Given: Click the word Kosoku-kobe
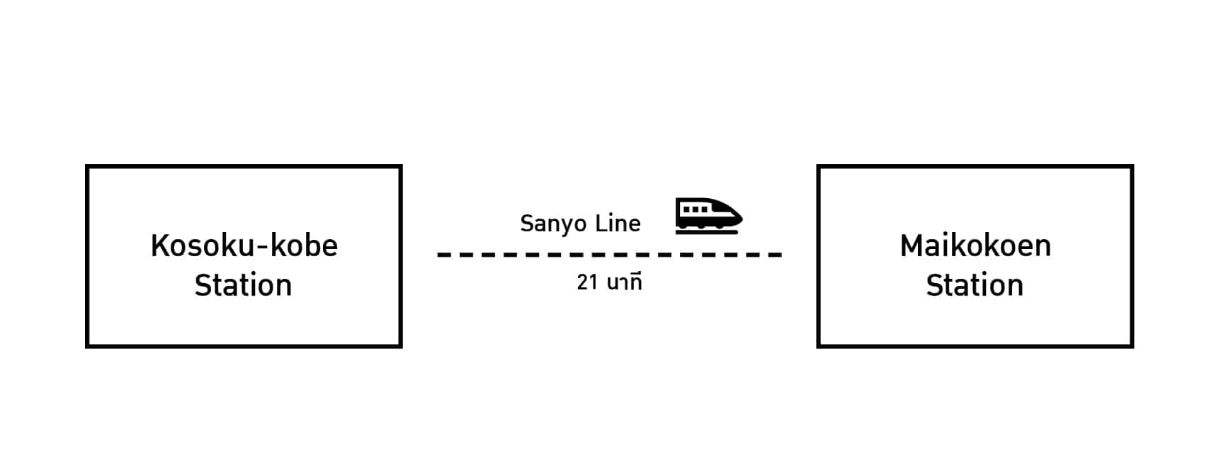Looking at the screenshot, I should tap(244, 246).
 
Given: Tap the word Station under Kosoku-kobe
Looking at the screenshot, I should tap(243, 286).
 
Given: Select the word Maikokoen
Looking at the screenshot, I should tap(975, 246).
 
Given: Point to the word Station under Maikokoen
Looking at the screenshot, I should tap(975, 286).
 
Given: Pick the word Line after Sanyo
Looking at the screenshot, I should tap(618, 224).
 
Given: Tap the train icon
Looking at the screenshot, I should tap(708, 215).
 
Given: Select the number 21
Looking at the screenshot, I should tap(587, 282).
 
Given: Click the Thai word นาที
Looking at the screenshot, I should tap(624, 282).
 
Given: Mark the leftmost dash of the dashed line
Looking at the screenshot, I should tap(444, 255).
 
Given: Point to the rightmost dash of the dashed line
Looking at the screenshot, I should tap(776, 255).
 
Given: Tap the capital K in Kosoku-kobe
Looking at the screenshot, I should tap(159, 246).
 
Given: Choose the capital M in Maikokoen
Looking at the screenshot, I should tap(912, 246).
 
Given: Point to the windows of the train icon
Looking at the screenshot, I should tap(694, 209).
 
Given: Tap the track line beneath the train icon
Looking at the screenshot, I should tap(707, 231).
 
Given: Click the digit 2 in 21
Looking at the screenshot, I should tap(582, 282).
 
